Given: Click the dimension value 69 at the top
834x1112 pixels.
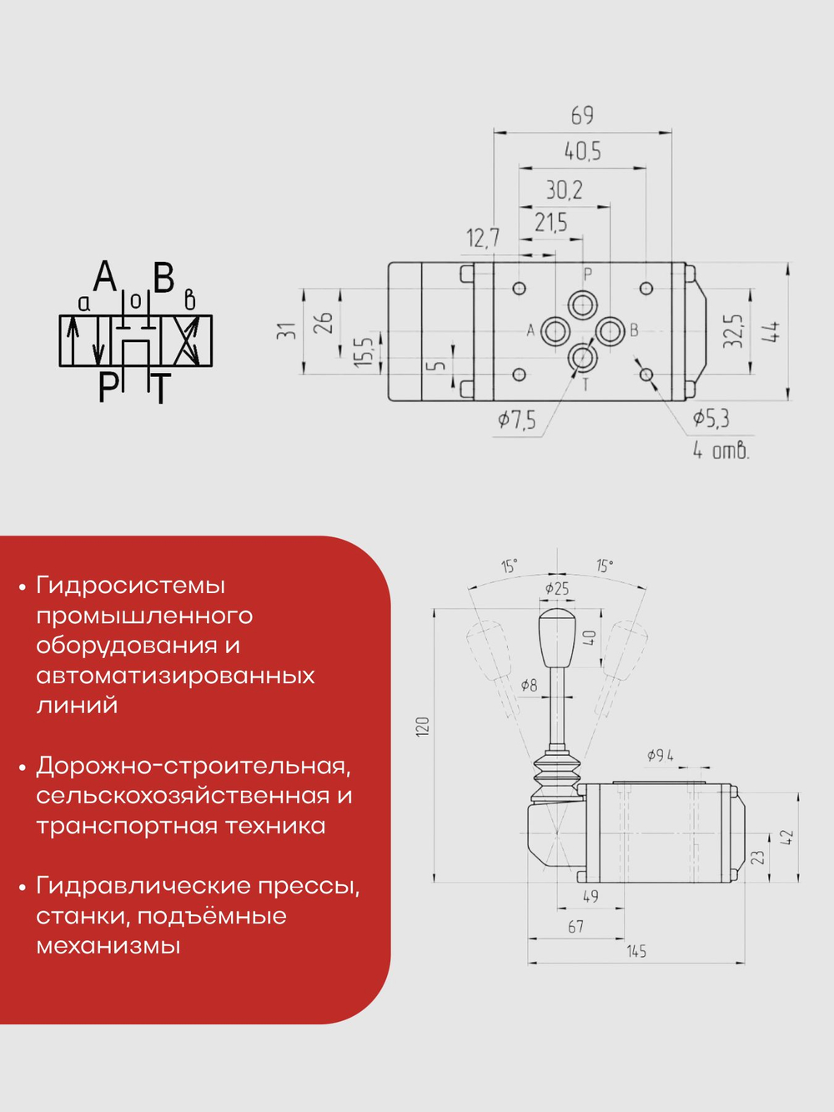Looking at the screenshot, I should pos(582,115).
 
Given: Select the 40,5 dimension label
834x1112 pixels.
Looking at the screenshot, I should pos(582,152).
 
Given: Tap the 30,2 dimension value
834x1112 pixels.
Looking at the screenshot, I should pos(564,190).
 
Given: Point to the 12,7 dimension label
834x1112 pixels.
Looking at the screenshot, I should pos(482,239).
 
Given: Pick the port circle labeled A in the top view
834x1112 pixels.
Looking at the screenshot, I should pos(555,331).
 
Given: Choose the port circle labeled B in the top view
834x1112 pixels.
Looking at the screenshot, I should pos(610,331).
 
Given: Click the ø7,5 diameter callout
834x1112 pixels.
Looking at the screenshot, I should pos(517,420).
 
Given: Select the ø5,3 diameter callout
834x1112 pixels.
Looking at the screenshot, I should pos(711,418).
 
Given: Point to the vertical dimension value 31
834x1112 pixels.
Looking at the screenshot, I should pos(286,331).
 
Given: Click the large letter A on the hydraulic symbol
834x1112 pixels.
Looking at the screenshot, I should pos(105,276).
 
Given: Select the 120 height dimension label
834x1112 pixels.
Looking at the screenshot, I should pos(423,726).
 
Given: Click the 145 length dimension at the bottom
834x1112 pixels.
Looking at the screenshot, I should pos(636,951).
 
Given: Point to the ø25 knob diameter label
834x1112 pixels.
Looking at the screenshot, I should pos(556,589).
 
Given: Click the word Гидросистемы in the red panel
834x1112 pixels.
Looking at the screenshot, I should pos(130,586).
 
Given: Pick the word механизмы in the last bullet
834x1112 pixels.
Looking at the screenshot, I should pos(108,946).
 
